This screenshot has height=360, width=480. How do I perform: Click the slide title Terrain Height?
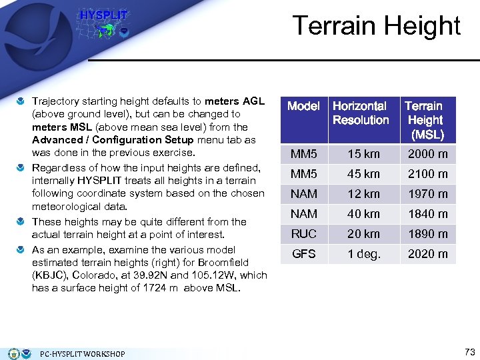(x=377, y=25)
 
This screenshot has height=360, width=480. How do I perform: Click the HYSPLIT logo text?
(x=103, y=15)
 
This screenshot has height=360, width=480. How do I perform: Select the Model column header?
(x=303, y=106)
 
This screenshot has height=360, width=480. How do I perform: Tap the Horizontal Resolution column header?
(x=361, y=113)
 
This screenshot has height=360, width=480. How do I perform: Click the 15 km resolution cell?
(x=363, y=154)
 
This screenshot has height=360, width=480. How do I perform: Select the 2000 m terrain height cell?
(x=427, y=154)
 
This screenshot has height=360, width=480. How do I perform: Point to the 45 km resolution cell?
(x=363, y=174)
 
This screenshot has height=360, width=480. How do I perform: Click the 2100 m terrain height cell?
(x=427, y=174)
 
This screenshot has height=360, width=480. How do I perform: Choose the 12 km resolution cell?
(x=363, y=194)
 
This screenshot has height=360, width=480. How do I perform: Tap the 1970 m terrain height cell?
(x=427, y=194)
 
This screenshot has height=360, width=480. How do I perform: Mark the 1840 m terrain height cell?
(x=427, y=214)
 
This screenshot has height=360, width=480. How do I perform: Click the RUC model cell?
(x=303, y=234)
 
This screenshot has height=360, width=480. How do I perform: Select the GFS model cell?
(x=303, y=254)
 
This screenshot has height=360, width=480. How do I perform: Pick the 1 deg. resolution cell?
(x=363, y=254)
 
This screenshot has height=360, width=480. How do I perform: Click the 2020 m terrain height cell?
(x=427, y=254)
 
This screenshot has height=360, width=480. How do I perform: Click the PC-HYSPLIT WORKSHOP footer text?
(x=83, y=354)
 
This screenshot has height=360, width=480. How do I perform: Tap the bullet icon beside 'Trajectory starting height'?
(x=21, y=101)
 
